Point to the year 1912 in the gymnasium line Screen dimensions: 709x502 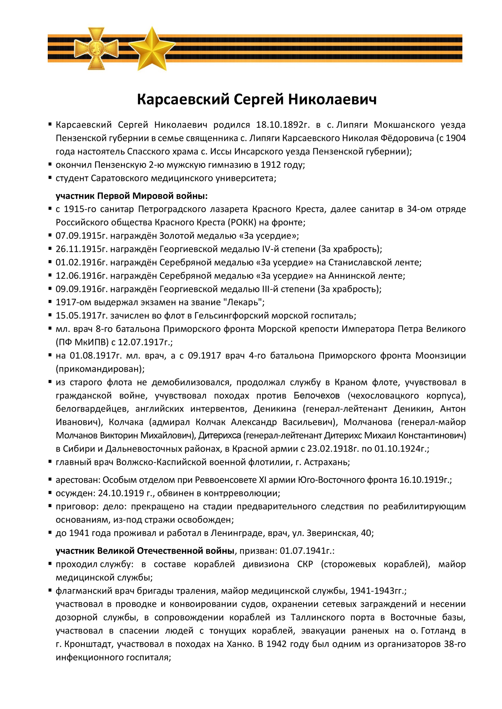tap(271, 165)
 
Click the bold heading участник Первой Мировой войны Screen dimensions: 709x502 tap(132, 196)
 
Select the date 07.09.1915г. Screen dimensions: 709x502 tap(82, 236)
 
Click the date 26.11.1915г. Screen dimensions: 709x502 tap(82, 249)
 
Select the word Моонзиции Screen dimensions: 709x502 tap(440, 355)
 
